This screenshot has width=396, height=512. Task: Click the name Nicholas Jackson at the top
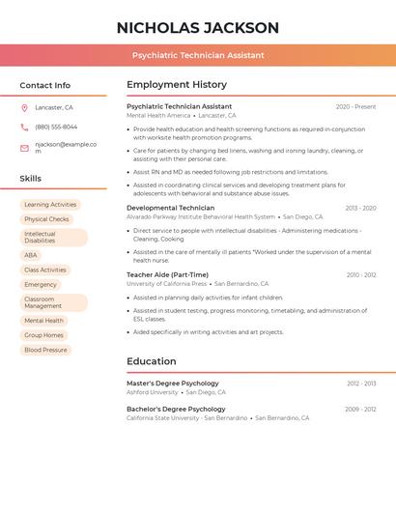[197, 28]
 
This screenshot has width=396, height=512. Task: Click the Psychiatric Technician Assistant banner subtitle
[197, 55]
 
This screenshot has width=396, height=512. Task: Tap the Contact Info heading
[45, 85]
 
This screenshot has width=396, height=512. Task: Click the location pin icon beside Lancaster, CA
[24, 107]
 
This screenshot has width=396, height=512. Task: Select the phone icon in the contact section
[24, 127]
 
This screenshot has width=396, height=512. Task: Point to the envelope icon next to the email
[24, 147]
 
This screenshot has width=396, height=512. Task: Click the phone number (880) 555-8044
[56, 127]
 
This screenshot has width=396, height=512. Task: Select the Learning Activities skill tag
[50, 205]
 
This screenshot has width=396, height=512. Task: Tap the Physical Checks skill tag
[46, 219]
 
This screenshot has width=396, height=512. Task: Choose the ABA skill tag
[31, 255]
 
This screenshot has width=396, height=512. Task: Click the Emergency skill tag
[41, 285]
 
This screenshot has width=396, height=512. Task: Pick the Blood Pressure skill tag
[45, 350]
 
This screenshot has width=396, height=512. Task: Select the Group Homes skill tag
[44, 335]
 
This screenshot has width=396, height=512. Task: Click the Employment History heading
[177, 85]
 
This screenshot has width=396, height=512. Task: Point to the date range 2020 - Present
[355, 106]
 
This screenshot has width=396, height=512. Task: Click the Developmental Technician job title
[170, 208]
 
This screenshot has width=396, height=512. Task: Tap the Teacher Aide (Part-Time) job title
[167, 274]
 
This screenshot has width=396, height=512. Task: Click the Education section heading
[151, 361]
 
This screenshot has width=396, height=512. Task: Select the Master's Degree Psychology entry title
[172, 384]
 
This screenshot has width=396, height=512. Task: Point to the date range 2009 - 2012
[360, 409]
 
